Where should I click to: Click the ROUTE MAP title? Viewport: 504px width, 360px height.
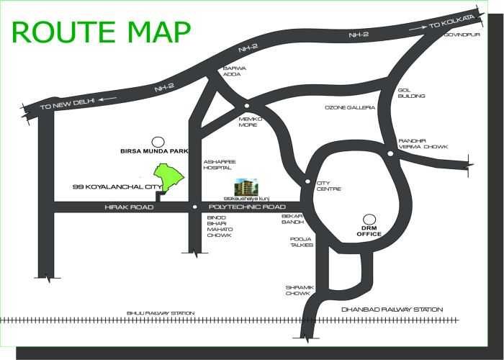pyautogui.click(x=102, y=33)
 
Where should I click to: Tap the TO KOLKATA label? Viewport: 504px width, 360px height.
pyautogui.click(x=453, y=22)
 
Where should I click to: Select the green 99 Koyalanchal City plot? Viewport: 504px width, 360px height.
pyautogui.click(x=171, y=176)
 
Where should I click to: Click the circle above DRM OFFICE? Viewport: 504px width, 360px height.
pyautogui.click(x=369, y=218)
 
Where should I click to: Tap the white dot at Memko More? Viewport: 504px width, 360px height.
pyautogui.click(x=246, y=105)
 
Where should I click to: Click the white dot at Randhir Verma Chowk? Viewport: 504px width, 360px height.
pyautogui.click(x=390, y=153)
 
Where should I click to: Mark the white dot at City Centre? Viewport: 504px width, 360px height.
pyautogui.click(x=307, y=181)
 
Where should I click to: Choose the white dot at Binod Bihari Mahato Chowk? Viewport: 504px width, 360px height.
pyautogui.click(x=194, y=207)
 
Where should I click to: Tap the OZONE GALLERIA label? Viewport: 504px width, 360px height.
pyautogui.click(x=350, y=108)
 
